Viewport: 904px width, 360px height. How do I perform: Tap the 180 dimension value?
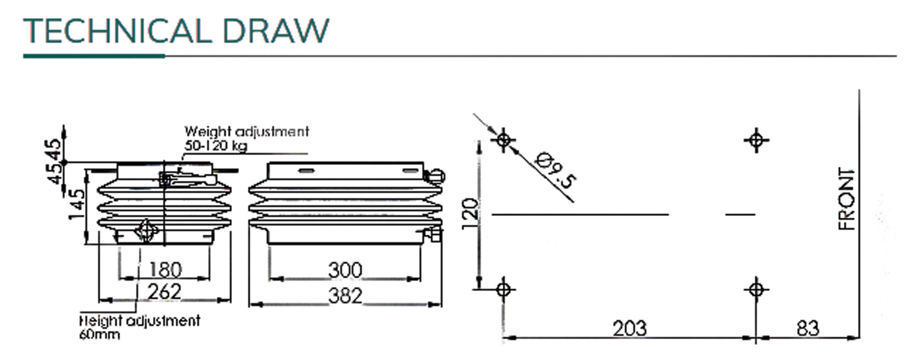click(165, 270)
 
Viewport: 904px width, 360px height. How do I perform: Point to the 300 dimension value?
click(345, 270)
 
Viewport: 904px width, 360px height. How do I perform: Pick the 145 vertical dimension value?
click(76, 205)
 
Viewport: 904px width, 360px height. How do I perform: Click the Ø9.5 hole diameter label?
click(556, 170)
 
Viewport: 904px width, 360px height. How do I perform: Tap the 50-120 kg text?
click(216, 145)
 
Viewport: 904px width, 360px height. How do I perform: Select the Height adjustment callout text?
click(140, 321)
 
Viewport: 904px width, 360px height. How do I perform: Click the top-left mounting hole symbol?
click(504, 140)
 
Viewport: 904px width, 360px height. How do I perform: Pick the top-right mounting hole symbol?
click(756, 140)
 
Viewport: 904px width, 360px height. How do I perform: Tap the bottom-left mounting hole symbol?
click(504, 290)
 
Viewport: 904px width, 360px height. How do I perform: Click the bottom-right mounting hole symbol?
click(756, 290)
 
